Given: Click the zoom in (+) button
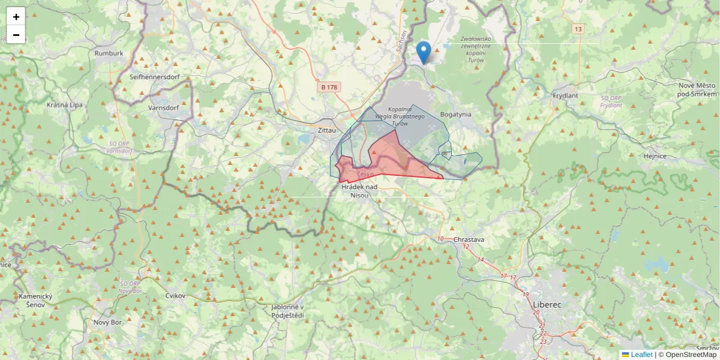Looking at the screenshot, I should coord(16,17).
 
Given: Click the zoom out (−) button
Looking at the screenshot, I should coord(16,35).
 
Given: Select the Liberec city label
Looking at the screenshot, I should coord(547,305).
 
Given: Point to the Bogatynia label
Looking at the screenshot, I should coord(456,114).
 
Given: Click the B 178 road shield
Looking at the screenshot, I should coord(329,87).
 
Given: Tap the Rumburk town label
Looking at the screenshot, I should coord(109,53).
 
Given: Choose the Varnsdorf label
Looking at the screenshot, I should coord(163,108).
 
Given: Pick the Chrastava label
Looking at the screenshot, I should coord(469,239).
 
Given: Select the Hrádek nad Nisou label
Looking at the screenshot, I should coord(359,191).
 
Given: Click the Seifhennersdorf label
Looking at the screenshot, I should coord(154,77).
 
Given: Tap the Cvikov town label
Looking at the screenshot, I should coord(175,296).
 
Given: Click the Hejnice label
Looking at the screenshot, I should coord(655,156).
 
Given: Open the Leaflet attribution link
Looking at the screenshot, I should coord(641,355).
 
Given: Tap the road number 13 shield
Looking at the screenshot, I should coord(578,29).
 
